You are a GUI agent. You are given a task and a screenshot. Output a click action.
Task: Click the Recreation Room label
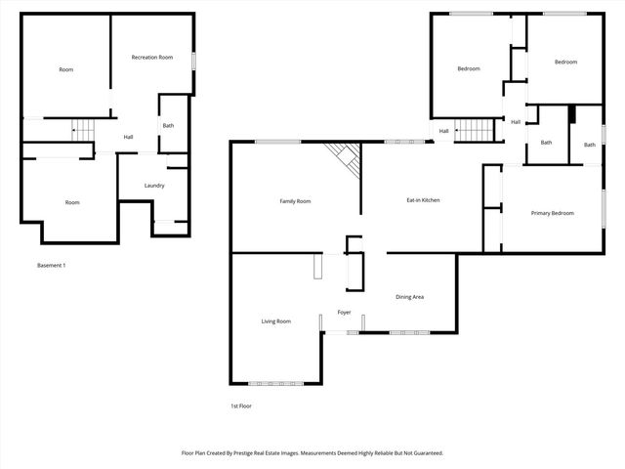coord(152,58)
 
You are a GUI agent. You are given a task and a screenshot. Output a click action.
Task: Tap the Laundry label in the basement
coord(153,186)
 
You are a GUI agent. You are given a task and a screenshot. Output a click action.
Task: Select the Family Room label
coord(295,201)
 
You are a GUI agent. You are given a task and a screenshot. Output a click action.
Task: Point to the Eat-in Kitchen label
coord(423,200)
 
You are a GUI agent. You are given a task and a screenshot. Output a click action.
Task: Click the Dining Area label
coord(409,297)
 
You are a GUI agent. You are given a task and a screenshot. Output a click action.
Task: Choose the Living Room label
coord(275,321)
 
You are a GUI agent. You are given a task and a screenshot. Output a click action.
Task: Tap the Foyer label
coord(344,312)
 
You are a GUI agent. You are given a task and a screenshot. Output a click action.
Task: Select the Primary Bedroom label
coord(552,213)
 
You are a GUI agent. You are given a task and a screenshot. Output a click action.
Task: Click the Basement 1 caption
coord(51,266)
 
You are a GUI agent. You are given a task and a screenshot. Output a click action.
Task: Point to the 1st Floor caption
coord(241,405)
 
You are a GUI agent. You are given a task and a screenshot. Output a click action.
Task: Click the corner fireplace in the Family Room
coord(344,154)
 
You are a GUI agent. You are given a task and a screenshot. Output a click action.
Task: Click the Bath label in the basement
coord(168,125)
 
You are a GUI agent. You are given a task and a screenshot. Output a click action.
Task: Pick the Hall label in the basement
coord(128,137)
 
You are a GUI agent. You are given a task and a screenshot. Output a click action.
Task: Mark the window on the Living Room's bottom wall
coord(275,382)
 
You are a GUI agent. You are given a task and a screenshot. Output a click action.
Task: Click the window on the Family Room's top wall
coord(277,143)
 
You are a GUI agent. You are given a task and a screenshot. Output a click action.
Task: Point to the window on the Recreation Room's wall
coord(193,60)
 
